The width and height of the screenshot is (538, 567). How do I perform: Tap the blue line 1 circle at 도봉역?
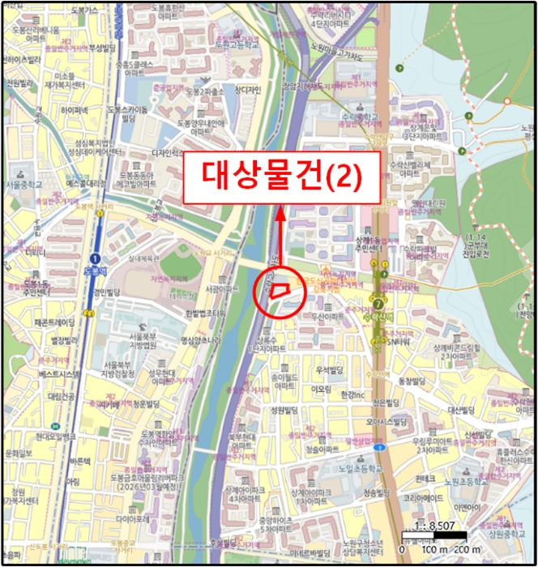(96, 258)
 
